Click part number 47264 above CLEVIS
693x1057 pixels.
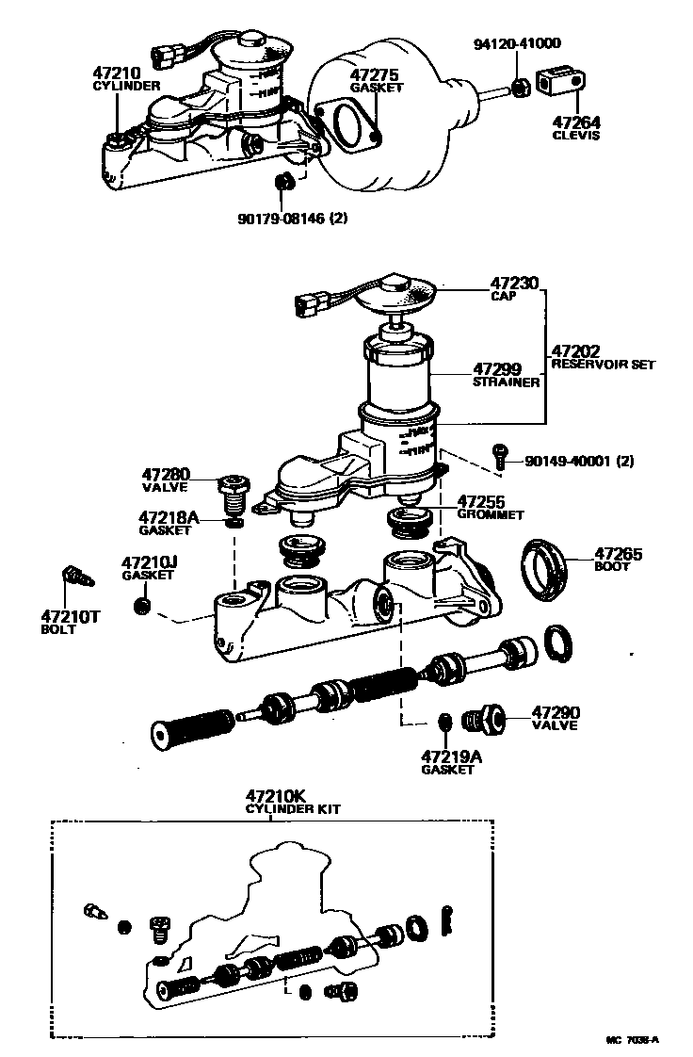click(x=577, y=122)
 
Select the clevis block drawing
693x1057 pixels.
click(x=560, y=83)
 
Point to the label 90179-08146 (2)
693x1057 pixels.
click(x=293, y=218)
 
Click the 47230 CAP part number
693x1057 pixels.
click(x=515, y=282)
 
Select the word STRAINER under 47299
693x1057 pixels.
click(x=506, y=382)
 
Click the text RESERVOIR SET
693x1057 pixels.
click(x=602, y=364)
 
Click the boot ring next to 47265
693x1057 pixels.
click(x=545, y=569)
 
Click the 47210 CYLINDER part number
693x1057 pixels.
click(x=116, y=73)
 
